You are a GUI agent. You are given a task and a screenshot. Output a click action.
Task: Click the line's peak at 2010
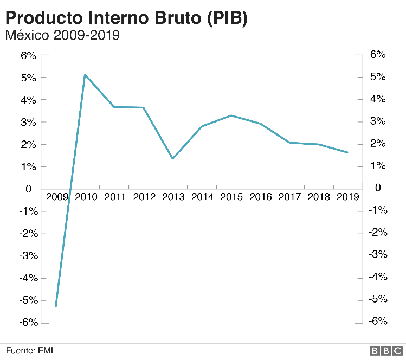tap(85, 75)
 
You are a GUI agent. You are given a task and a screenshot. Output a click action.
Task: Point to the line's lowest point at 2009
tap(56, 306)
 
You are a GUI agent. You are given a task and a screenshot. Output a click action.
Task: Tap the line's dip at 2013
tap(172, 158)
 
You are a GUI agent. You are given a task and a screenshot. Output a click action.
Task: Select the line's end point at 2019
tap(347, 152)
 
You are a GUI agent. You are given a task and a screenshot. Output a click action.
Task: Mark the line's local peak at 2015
tap(231, 115)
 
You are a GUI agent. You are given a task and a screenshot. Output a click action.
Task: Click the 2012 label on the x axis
tap(144, 197)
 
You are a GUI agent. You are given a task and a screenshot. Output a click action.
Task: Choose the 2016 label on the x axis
tap(260, 197)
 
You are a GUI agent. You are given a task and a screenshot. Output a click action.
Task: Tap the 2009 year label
tap(56, 197)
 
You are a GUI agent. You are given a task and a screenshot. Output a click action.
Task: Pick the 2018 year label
tap(319, 197)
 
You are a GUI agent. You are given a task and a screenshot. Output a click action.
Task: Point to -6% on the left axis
tap(27, 323)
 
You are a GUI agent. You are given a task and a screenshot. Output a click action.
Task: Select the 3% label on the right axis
tap(377, 121)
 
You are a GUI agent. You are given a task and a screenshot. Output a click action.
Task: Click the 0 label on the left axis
tap(29, 189)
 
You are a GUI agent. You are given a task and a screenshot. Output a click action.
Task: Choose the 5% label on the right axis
tap(377, 77)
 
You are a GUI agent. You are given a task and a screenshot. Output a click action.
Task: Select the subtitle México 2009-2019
tap(62, 36)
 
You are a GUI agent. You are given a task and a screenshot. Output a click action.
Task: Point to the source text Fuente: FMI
tap(30, 351)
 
